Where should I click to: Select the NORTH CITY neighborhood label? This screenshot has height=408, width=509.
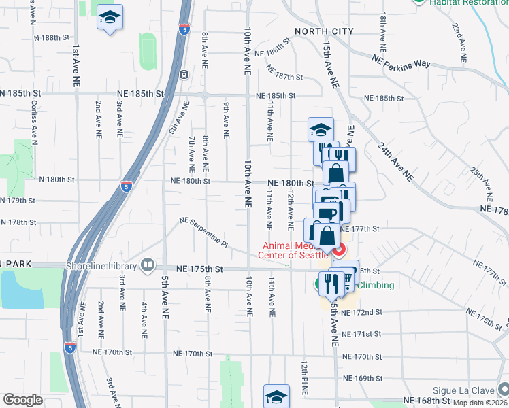(324, 31)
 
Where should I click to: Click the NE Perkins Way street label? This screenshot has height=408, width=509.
(401, 62)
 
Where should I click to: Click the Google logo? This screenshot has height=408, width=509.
(22, 400)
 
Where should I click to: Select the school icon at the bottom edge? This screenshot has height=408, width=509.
(276, 396)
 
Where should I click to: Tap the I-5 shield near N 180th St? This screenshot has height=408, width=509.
(126, 186)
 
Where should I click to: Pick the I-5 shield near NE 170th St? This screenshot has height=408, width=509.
(69, 347)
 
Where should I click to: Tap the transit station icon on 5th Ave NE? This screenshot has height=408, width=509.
(184, 74)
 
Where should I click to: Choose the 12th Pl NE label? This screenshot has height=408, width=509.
(304, 378)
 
